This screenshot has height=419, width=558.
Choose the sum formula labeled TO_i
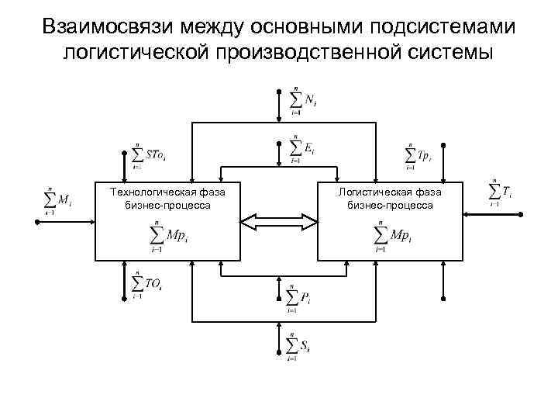tap(147, 285)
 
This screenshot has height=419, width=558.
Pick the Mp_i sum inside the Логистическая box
tap(391, 236)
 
